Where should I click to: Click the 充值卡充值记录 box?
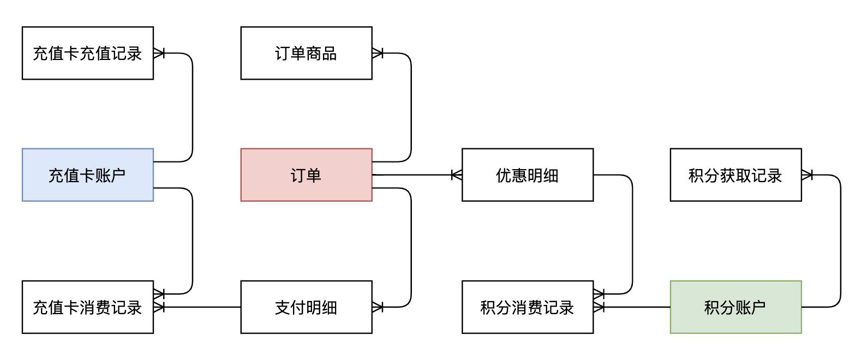(x=87, y=53)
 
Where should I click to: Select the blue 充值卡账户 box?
(x=87, y=175)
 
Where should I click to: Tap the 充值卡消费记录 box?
(x=87, y=307)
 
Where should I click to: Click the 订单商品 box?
(x=306, y=53)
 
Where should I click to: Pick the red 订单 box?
(x=306, y=175)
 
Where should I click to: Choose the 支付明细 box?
(x=306, y=307)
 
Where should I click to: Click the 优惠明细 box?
(x=527, y=175)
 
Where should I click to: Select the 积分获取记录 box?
(x=735, y=175)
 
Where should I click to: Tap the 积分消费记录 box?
(x=527, y=307)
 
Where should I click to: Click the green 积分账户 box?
(x=735, y=307)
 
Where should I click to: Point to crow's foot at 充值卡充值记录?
(x=159, y=53)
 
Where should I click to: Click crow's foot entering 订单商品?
(x=378, y=53)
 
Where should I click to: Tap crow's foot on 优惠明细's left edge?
(x=456, y=175)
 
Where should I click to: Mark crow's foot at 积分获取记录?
(x=807, y=175)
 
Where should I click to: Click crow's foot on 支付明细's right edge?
(x=378, y=307)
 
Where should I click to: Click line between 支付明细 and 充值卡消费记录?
(x=202, y=307)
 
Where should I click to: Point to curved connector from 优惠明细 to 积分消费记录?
(x=632, y=235)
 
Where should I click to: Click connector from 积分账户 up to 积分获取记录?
(x=841, y=240)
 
